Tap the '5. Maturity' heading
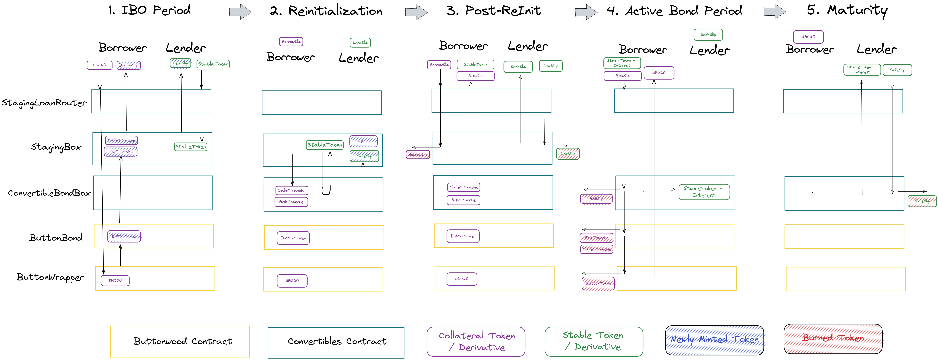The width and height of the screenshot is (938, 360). pos(847,10)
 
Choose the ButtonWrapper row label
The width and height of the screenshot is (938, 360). pos(50,277)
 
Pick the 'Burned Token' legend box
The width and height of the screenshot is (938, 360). pos(833,339)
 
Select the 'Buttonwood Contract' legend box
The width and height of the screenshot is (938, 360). pos(180,341)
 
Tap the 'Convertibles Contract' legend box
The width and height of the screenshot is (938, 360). pos(336,342)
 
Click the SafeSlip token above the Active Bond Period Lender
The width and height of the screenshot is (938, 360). pos(708,35)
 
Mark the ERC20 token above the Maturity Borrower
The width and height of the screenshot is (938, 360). pos(808,37)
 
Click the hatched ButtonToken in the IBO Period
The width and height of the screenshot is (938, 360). pos(124,236)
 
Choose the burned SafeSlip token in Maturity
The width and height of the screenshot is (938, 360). pos(922,201)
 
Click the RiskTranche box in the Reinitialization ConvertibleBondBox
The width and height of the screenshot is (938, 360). pos(291,202)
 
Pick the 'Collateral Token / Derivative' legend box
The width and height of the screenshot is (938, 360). pos(476,341)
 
